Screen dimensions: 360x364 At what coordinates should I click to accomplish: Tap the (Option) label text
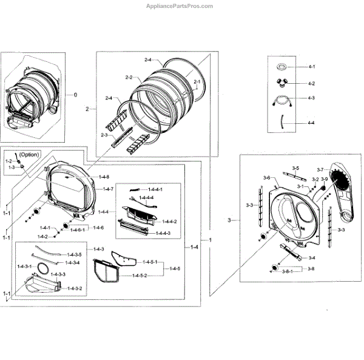click(x=29, y=155)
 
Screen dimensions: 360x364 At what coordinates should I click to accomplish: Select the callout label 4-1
click(x=311, y=66)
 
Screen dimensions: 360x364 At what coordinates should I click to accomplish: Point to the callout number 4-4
click(x=311, y=123)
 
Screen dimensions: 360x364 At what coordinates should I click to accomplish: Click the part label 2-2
click(x=129, y=77)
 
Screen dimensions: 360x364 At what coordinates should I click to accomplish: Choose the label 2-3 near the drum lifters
click(x=104, y=135)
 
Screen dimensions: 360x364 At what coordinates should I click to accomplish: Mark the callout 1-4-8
click(x=104, y=177)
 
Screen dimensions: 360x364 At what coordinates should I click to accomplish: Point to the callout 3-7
click(x=321, y=169)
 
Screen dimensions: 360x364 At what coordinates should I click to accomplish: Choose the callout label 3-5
click(x=295, y=168)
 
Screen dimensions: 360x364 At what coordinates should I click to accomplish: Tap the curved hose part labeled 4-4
click(x=282, y=122)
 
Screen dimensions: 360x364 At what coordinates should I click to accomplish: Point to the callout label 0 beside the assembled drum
click(x=76, y=95)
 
